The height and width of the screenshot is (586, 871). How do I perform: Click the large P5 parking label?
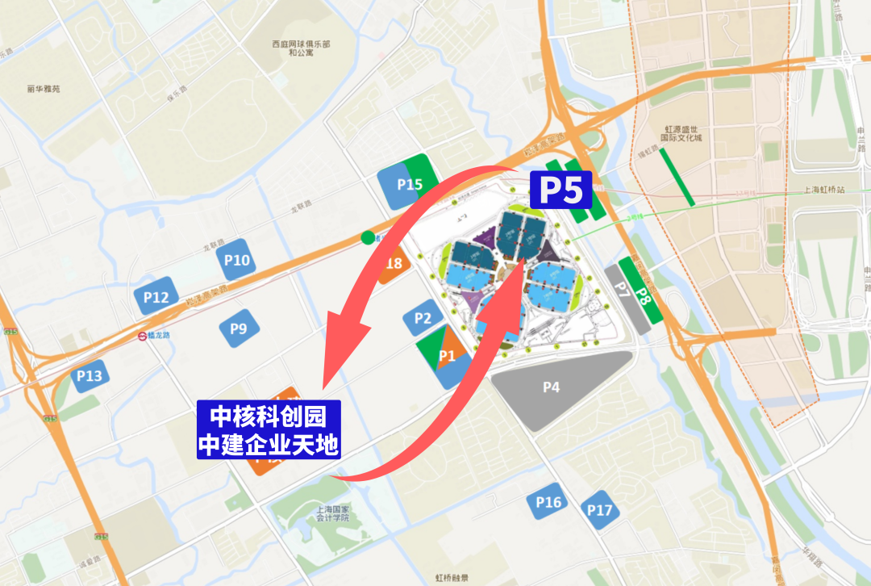coord(561,190)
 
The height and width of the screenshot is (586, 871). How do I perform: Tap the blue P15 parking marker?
coord(410,184)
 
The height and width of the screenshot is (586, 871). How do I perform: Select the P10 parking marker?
coord(237,260)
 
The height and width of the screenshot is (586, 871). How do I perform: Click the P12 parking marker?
coord(156,297)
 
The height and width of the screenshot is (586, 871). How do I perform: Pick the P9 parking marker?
coord(239,329)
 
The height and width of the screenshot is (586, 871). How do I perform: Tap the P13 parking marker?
coord(90,375)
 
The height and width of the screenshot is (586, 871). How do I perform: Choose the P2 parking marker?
coord(423,318)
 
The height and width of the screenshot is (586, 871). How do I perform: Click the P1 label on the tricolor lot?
coord(447,355)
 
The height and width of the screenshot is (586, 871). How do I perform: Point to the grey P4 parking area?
coord(551,387)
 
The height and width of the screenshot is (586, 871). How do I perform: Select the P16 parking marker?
coord(548,502)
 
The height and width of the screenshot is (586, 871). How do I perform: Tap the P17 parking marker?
coord(599,509)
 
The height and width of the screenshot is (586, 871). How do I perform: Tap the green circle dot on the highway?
coord(368,237)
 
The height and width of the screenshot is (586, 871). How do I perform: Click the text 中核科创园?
coord(268,416)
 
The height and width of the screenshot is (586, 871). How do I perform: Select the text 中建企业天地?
coord(268,444)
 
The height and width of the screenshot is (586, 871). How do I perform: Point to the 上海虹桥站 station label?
coord(823,190)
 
